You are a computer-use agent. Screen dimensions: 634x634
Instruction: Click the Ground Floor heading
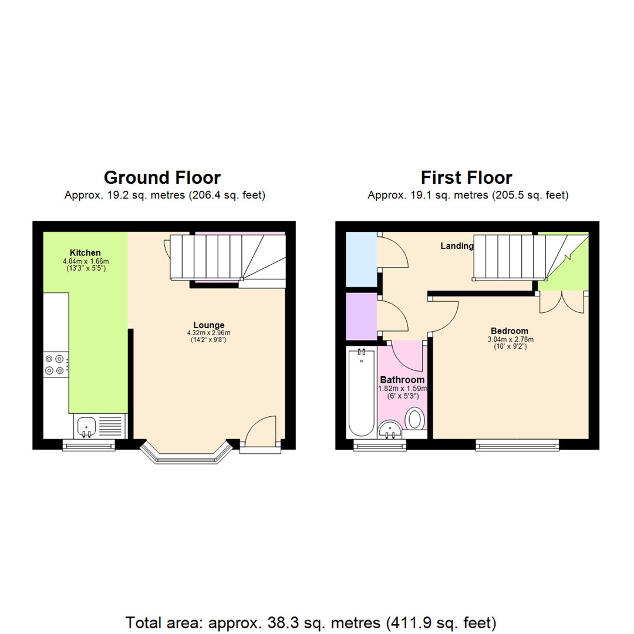click(x=162, y=177)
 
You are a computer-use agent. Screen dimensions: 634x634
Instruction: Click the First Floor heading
click(x=466, y=177)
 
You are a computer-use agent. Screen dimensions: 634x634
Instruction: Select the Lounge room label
click(x=209, y=325)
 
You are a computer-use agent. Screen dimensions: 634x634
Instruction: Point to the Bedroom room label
click(x=508, y=331)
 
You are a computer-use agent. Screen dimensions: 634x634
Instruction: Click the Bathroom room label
click(x=403, y=379)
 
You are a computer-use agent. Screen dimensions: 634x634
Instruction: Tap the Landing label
click(x=457, y=246)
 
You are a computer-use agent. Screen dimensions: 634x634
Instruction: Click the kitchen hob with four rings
click(x=55, y=365)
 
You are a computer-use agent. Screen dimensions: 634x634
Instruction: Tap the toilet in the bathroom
click(x=416, y=420)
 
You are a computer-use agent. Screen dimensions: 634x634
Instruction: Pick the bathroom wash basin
click(x=389, y=431)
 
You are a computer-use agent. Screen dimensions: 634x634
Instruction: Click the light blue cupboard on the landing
click(x=361, y=259)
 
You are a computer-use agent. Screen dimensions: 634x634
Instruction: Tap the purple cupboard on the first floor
click(x=361, y=316)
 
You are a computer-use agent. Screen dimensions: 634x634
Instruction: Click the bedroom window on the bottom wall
click(x=517, y=446)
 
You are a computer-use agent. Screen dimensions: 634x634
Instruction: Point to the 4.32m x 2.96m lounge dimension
click(x=209, y=332)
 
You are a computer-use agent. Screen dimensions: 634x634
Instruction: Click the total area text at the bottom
click(x=311, y=622)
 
